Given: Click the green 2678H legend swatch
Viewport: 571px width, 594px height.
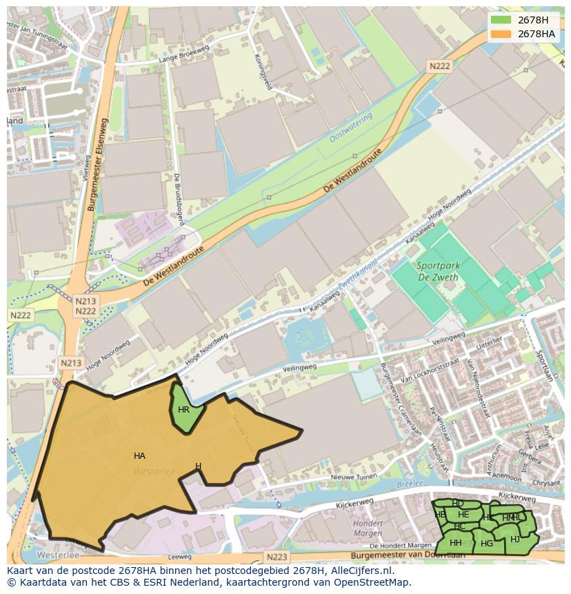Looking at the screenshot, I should [x=502, y=20].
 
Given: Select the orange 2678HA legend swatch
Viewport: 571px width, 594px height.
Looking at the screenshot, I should [x=502, y=34].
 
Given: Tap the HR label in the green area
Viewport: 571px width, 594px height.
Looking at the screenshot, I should [x=183, y=410].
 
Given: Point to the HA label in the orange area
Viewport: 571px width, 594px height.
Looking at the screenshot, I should [x=139, y=456].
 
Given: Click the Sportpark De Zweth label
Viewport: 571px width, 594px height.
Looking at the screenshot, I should [x=438, y=270].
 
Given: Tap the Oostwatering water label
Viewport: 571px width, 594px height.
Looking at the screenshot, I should [x=351, y=128].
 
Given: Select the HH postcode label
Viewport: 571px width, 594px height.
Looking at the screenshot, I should [x=455, y=543].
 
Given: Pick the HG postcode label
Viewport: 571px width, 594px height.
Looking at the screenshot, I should [x=487, y=544].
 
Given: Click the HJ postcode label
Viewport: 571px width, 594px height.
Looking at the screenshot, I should [x=515, y=539].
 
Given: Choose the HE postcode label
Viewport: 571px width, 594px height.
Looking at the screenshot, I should [x=463, y=515].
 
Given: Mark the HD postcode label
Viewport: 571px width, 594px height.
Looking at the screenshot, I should [x=458, y=504].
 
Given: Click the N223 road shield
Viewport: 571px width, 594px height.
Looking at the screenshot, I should [x=276, y=557].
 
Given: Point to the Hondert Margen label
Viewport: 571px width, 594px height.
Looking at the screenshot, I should [x=368, y=528].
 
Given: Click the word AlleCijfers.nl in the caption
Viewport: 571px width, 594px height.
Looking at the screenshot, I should [x=359, y=571].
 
